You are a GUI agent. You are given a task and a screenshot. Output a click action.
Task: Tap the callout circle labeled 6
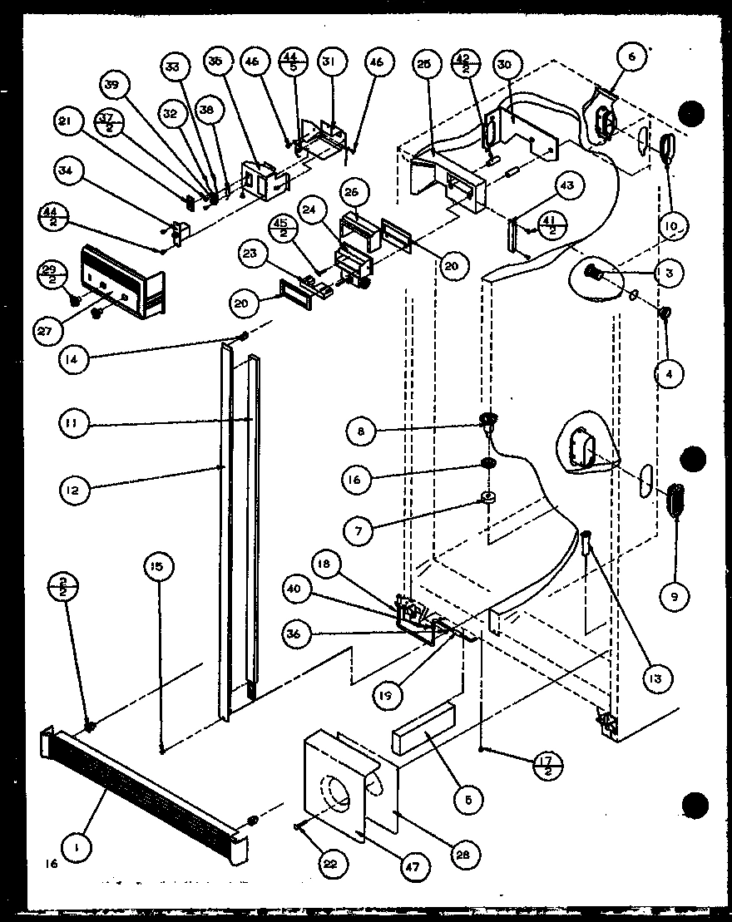point(631,57)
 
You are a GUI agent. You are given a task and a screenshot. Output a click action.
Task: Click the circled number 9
point(674,594)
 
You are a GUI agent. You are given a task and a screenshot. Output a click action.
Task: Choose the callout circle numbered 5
point(468,800)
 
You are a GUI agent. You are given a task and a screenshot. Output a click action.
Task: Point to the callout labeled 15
point(157,568)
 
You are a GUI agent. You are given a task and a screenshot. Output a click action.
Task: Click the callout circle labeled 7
point(359,530)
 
